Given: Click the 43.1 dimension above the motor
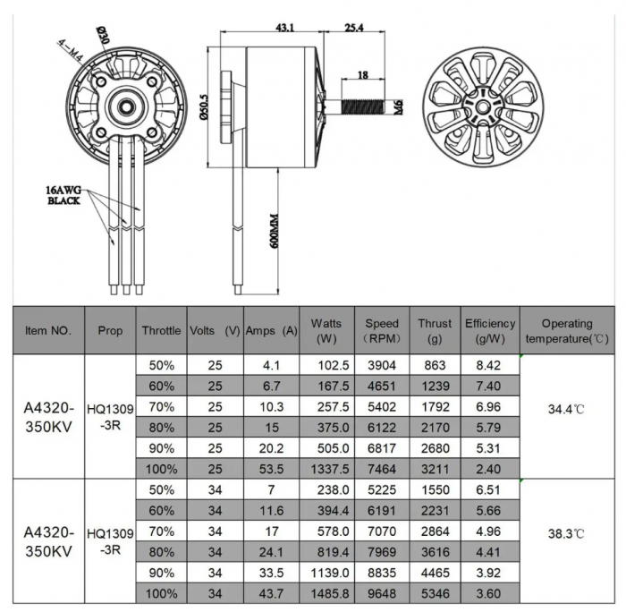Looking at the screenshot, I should click(x=284, y=28).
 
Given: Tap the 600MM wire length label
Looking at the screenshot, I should click(x=275, y=230).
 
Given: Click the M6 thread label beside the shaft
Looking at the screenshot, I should click(x=399, y=107).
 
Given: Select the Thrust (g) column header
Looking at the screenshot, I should click(x=435, y=330).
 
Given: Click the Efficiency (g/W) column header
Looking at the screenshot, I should click(x=490, y=330).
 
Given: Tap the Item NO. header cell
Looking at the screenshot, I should click(x=48, y=330).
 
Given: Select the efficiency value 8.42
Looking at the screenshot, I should click(x=490, y=365).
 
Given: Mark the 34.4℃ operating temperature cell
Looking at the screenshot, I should click(x=566, y=409).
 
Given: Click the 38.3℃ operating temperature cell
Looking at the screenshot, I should click(x=566, y=533).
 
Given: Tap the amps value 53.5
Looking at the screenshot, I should click(x=271, y=468).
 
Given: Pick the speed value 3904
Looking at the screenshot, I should click(x=383, y=365).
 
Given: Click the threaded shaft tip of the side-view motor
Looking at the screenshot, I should click(x=380, y=106).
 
